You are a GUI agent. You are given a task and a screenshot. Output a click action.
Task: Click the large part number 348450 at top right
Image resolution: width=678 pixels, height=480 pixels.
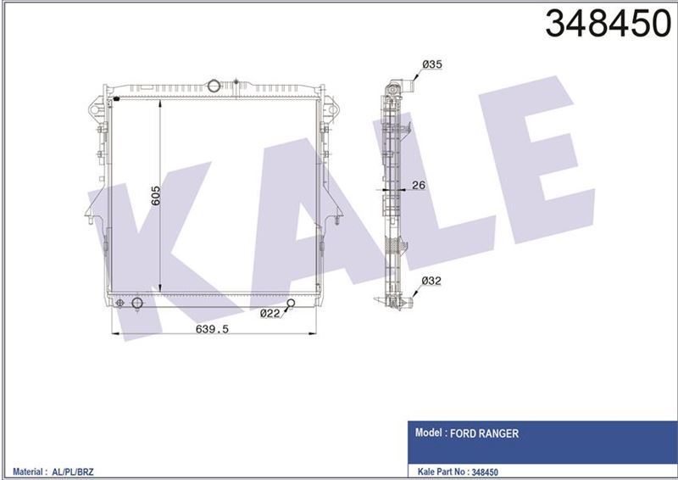coord(608,24)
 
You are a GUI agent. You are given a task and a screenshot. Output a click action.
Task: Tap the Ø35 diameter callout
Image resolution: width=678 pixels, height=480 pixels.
coord(432,64)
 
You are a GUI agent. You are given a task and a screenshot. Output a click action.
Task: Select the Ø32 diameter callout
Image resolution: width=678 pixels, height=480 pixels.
coord(431,281)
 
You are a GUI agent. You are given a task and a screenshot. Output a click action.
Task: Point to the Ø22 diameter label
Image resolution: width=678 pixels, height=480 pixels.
coord(270,314)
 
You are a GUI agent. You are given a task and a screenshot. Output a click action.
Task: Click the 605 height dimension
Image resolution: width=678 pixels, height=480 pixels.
coord(155,196)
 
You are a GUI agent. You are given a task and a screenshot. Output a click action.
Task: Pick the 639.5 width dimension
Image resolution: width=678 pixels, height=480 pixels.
coord(212,329)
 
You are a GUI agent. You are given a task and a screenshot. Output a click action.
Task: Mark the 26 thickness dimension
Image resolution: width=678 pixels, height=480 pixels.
coord(419,185)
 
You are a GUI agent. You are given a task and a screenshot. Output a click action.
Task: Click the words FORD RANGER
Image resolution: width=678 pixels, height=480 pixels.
coord(484,433)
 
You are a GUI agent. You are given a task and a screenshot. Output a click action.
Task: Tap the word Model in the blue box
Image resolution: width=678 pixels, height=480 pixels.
coord(429,433)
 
